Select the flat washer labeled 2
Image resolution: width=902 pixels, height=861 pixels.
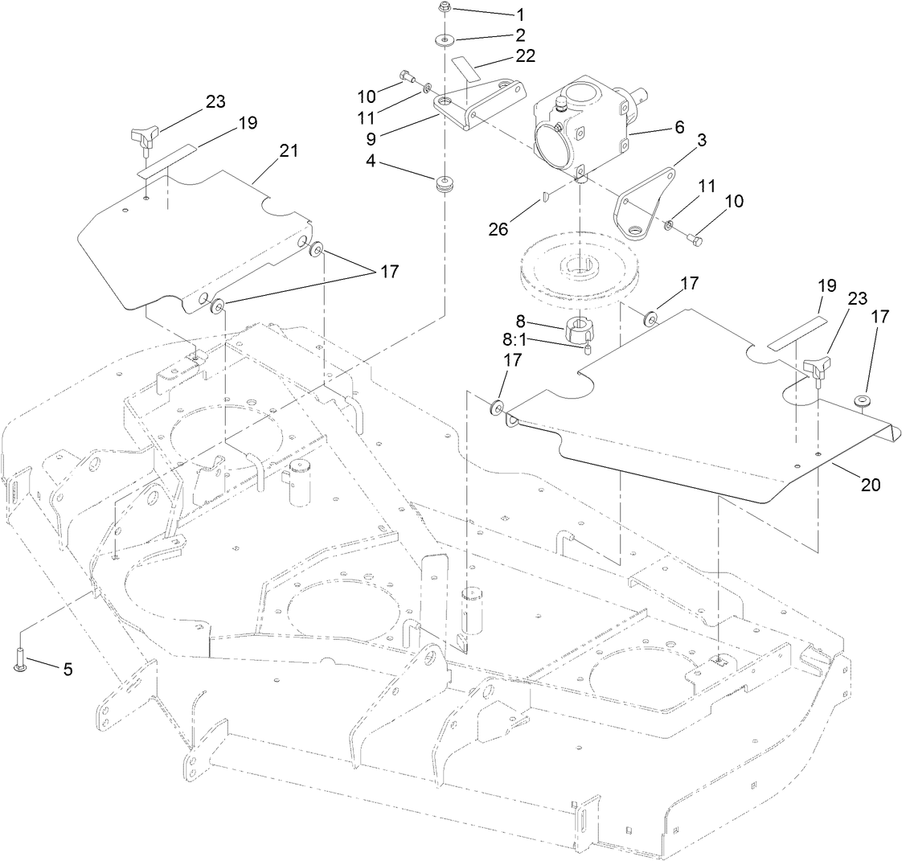pyautogui.click(x=444, y=39)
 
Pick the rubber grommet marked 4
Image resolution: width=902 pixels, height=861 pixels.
pyautogui.click(x=443, y=185)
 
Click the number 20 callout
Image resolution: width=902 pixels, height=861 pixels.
pyautogui.click(x=871, y=485)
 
